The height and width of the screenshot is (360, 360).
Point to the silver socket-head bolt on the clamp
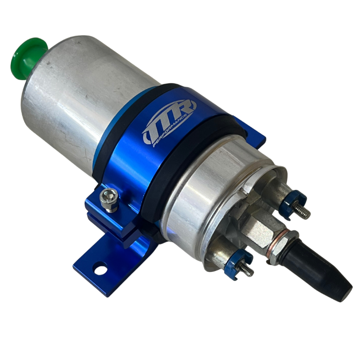point(109,199)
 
